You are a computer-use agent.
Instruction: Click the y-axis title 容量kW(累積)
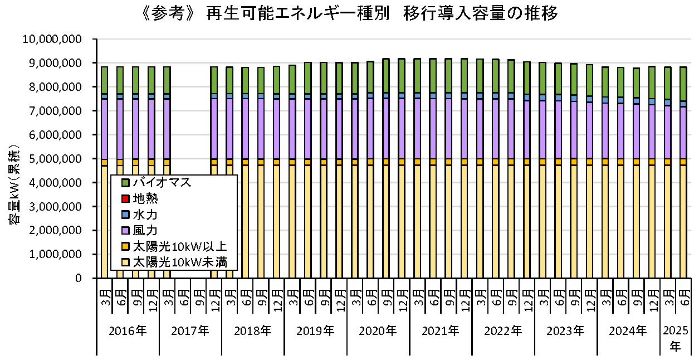click(15, 184)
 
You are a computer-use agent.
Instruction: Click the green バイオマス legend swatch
click(125, 182)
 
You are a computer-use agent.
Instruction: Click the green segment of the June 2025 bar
click(683, 84)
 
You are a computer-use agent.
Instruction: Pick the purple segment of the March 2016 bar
click(104, 129)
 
